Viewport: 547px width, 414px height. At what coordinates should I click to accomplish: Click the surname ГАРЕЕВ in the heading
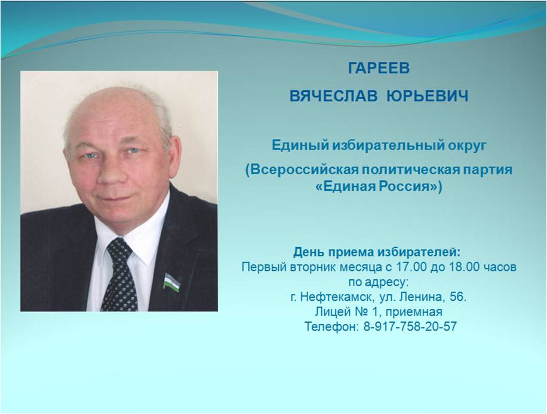[379, 67]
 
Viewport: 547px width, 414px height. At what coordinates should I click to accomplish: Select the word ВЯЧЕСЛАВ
[333, 96]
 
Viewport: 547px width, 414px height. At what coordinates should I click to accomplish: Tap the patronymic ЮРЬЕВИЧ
[428, 96]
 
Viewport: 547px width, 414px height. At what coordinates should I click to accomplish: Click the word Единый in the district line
[300, 145]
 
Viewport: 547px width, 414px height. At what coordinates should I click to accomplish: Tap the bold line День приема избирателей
[377, 252]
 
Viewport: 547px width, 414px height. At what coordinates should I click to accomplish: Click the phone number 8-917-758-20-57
[410, 326]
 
